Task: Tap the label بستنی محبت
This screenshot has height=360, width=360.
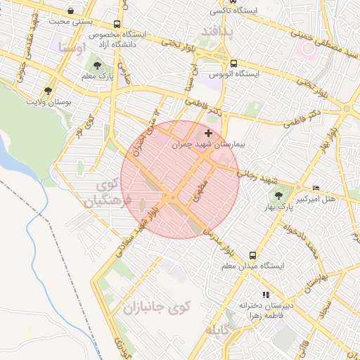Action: point(70,22)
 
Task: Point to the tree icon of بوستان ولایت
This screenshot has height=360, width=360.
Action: point(48,91)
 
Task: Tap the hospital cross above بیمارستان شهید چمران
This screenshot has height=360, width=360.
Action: point(208,133)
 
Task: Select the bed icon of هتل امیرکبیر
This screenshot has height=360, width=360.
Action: point(315,188)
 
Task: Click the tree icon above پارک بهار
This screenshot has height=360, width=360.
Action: point(280,195)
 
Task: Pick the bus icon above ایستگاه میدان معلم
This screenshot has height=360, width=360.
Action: point(252,255)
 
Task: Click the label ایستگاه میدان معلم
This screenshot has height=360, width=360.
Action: point(252,266)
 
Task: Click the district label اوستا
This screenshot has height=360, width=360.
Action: point(72,49)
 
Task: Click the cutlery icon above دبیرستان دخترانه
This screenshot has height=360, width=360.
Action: point(265,295)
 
